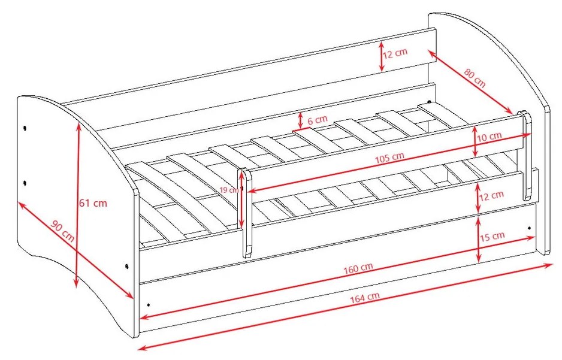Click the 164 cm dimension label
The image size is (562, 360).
(364, 298)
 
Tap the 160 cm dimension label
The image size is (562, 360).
(358, 268)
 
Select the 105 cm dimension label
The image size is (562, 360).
(389, 158)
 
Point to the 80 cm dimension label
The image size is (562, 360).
(475, 78)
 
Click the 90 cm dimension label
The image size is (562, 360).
(63, 231)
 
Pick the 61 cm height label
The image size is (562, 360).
(93, 203)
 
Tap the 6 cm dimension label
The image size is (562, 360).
(318, 120)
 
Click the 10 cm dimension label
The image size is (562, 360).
(490, 137)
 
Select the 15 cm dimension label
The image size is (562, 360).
(492, 237)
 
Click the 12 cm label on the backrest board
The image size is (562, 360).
(395, 53)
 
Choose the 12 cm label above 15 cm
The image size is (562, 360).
(491, 196)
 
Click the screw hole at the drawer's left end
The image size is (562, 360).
(149, 305)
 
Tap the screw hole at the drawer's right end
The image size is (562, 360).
(529, 228)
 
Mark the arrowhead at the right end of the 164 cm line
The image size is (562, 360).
(549, 265)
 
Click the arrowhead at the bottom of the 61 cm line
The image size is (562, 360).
(76, 283)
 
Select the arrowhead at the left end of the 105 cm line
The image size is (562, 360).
(252, 190)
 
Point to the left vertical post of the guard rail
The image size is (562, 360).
(245, 213)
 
